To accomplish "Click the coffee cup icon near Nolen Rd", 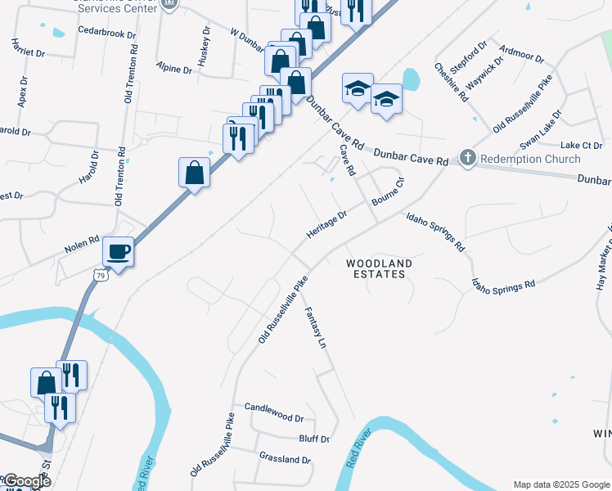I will click(x=119, y=250).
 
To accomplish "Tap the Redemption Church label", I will click(x=530, y=159).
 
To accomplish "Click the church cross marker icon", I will click(x=468, y=157).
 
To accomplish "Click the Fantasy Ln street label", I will click(x=316, y=329).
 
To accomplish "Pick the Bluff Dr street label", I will click(x=313, y=439).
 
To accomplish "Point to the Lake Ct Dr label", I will click(x=582, y=145).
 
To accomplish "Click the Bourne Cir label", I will click(x=388, y=190).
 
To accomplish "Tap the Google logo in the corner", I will click(x=26, y=481).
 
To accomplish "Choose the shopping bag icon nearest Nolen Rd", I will click(x=194, y=173).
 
